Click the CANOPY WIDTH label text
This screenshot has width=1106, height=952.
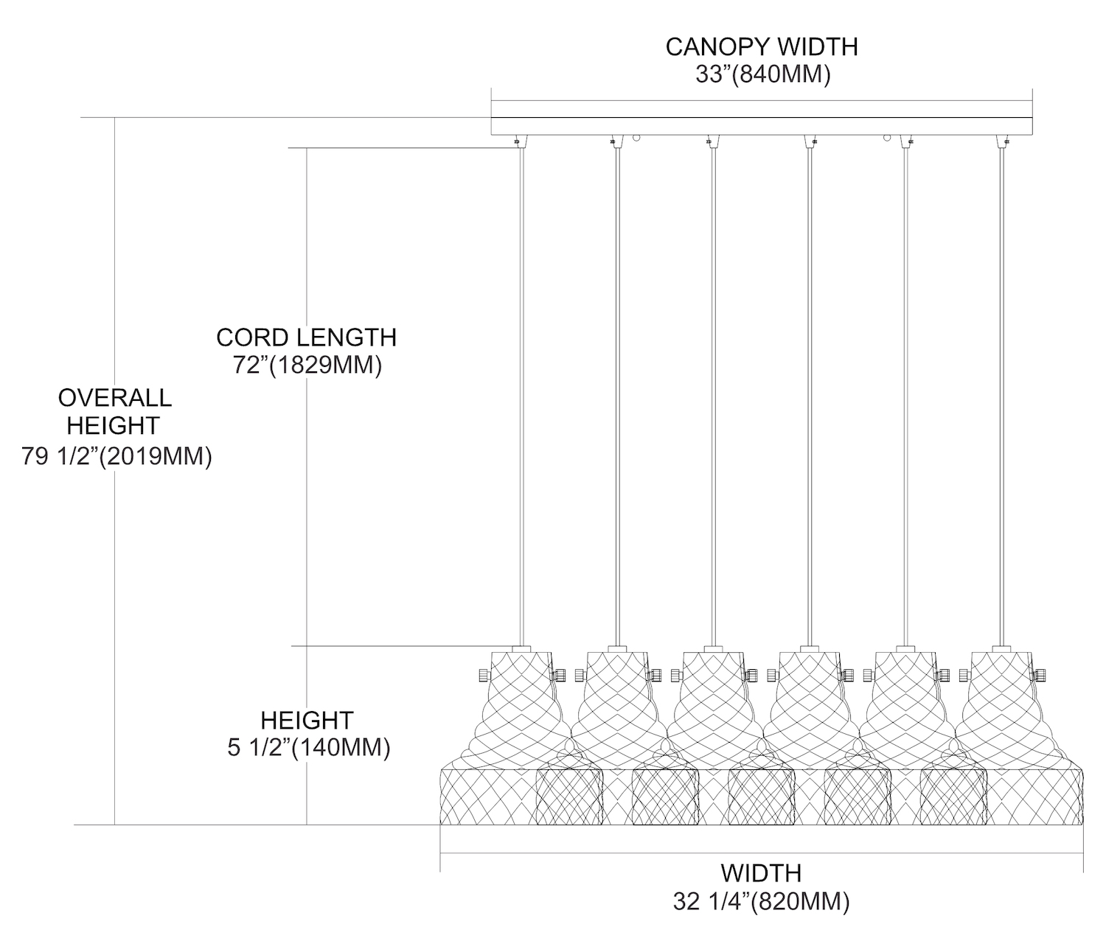pyautogui.click(x=762, y=46)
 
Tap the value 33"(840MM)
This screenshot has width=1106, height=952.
pyautogui.click(x=762, y=74)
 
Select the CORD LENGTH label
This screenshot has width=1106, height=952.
pyautogui.click(x=306, y=337)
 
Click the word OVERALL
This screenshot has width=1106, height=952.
pyautogui.click(x=115, y=398)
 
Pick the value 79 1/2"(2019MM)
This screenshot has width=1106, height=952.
pyautogui.click(x=116, y=457)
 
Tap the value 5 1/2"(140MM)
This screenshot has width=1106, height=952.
pyautogui.click(x=308, y=748)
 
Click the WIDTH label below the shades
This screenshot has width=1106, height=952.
pyautogui.click(x=761, y=873)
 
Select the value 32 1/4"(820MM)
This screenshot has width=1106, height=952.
pyautogui.click(x=761, y=902)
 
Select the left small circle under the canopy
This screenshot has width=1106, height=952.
pyautogui.click(x=639, y=137)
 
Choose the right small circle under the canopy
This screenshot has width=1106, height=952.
pyautogui.click(x=888, y=137)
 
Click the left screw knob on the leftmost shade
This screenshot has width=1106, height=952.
pyautogui.click(x=484, y=674)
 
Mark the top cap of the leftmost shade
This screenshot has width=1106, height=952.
pyautogui.click(x=522, y=649)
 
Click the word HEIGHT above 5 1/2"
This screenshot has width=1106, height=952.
pyautogui.click(x=307, y=720)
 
